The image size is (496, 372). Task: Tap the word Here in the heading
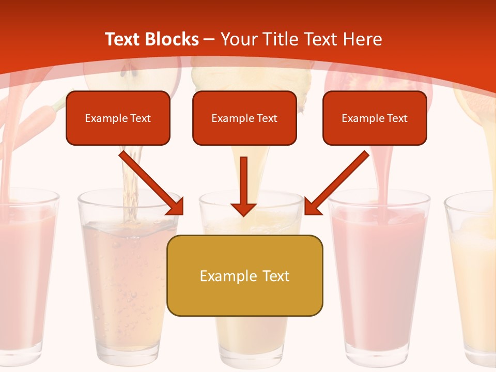[362, 39]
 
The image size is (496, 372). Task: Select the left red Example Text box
[118, 118]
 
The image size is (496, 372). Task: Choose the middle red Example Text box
[244, 118]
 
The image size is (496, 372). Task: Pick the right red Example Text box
[375, 118]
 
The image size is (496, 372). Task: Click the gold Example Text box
[244, 275]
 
